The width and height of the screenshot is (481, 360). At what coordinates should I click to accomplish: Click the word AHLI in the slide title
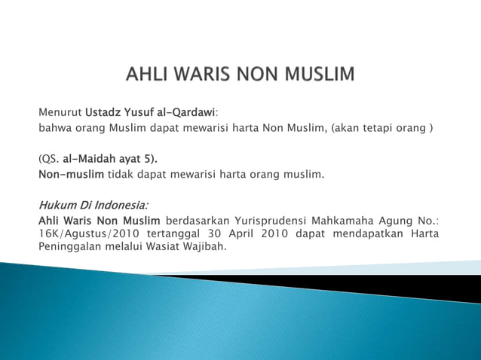pos(149,75)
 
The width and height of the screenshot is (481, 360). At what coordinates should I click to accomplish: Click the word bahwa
pos(54,128)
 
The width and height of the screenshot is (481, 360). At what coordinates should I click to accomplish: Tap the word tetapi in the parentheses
pos(384,128)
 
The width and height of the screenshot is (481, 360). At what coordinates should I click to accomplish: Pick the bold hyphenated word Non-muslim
pos(71,175)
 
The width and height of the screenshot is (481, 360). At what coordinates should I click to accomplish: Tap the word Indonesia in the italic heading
pos(121,205)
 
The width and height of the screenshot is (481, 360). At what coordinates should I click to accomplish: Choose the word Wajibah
pos(204,246)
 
